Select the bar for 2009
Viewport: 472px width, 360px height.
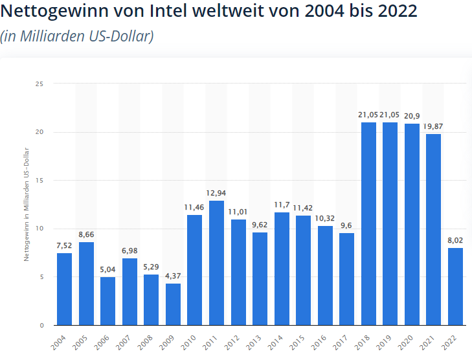(x=173, y=304)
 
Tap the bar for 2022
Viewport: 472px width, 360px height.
(x=456, y=286)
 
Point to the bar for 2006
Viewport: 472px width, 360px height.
(x=107, y=300)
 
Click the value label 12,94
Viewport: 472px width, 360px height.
(x=216, y=193)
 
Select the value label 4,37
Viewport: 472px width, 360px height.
(x=173, y=276)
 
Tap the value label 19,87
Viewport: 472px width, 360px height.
(x=434, y=126)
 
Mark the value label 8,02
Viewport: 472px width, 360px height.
(x=456, y=240)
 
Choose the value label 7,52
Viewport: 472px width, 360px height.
(x=64, y=245)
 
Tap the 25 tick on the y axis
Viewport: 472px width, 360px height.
(x=39, y=84)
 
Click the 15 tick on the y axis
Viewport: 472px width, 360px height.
(x=39, y=180)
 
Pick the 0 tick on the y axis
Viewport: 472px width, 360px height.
(x=41, y=325)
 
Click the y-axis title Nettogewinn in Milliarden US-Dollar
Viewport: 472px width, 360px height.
(x=27, y=205)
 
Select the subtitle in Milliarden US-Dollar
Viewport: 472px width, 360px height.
(x=77, y=36)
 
